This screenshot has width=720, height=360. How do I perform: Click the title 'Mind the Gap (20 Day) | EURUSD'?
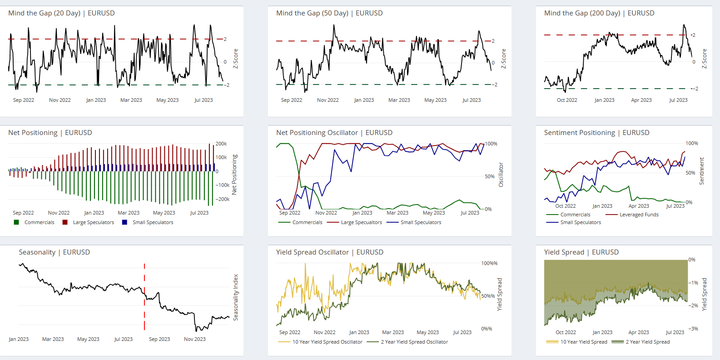coord(61,13)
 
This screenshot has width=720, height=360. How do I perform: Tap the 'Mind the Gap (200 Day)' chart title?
coord(582,13)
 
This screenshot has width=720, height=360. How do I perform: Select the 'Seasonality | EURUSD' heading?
coord(54,252)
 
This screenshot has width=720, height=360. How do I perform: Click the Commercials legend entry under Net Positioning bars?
coord(39,222)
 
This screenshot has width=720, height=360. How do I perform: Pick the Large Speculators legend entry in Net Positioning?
coord(93,222)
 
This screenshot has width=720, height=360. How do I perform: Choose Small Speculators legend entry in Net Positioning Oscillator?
coord(421,222)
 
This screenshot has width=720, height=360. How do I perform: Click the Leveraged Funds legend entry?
coord(639,215)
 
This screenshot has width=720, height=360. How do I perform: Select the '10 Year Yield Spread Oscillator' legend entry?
coord(327,342)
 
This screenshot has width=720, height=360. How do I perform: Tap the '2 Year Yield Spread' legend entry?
coord(647,342)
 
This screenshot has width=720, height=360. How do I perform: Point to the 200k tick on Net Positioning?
coord(221,144)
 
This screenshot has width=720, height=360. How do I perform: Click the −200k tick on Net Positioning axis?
coord(222,199)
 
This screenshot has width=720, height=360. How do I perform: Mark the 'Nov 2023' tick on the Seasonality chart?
coord(195,339)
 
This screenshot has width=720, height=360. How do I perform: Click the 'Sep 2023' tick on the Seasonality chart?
coord(159,339)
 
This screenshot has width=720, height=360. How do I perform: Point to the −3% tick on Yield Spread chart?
coord(693,329)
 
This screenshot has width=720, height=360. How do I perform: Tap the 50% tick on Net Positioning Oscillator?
coord(489,176)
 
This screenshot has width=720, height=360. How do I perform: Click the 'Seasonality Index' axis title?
coord(236,297)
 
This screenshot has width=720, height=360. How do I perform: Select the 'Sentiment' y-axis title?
coord(702,171)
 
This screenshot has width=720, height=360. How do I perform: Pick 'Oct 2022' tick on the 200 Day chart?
coord(567,100)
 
